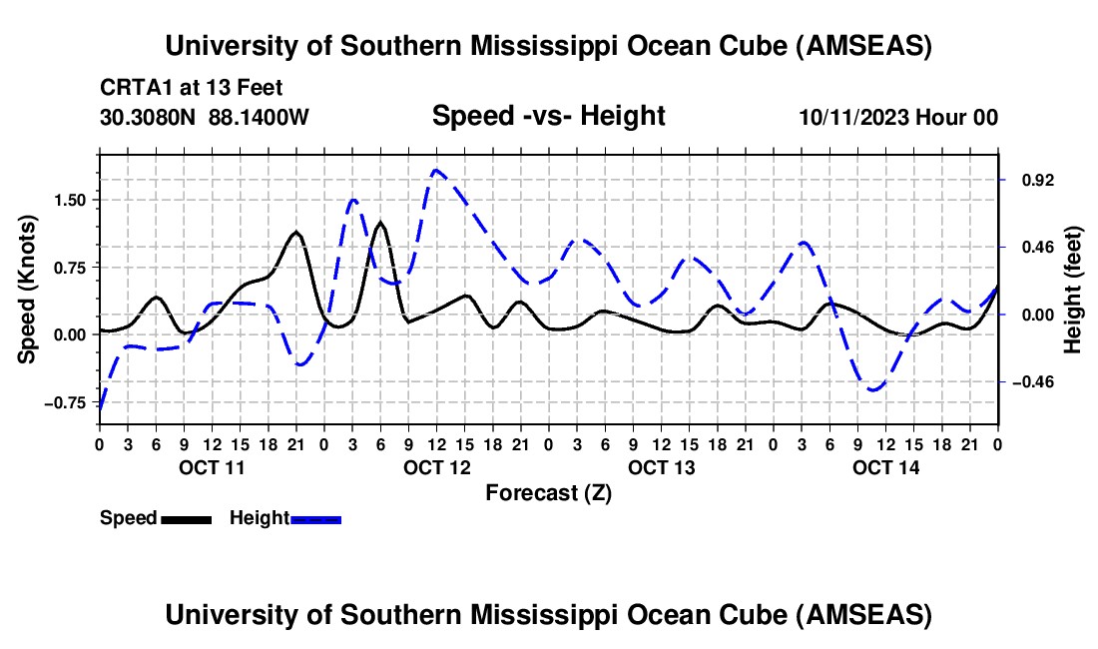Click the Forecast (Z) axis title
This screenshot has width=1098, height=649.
click(x=548, y=492)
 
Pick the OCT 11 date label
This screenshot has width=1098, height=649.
click(x=212, y=467)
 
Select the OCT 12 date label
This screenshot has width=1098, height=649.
click(x=437, y=467)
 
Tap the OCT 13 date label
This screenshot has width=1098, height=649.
click(x=662, y=467)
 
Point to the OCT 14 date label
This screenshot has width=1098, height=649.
click(x=886, y=467)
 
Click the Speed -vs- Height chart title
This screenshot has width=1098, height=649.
click(x=548, y=116)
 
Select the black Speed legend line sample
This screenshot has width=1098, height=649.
click(x=186, y=519)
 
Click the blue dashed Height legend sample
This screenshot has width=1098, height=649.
click(x=316, y=519)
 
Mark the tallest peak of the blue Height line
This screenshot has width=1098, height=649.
click(x=436, y=170)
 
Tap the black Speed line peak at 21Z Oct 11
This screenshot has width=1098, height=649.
click(x=296, y=232)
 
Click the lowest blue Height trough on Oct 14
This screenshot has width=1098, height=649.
click(x=874, y=389)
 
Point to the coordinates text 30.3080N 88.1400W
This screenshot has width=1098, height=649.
click(x=205, y=117)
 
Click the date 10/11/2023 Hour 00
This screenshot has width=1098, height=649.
click(x=898, y=117)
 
